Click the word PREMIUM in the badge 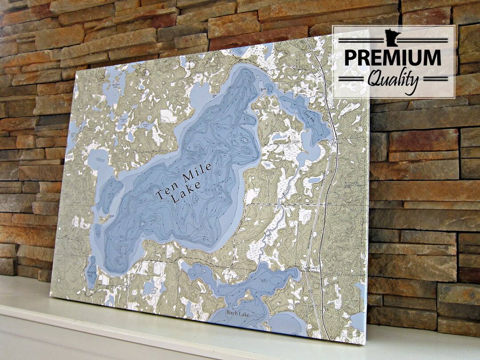click(393, 58)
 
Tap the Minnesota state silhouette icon click(394, 35)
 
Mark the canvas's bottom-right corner click(365, 344)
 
